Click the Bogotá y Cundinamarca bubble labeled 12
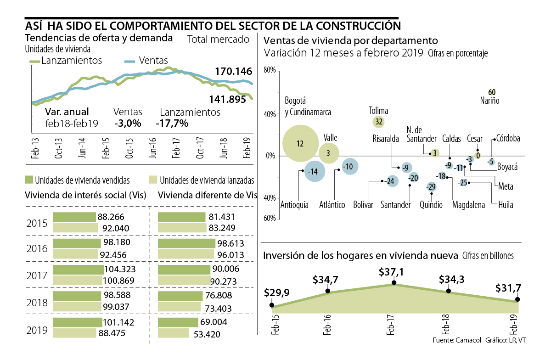click(300, 144)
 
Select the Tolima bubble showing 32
click(379, 122)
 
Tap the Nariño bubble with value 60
click(492, 92)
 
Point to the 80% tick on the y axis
click(269, 71)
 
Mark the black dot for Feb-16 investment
click(328, 291)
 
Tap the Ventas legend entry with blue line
click(146, 60)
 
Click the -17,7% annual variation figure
click(172, 124)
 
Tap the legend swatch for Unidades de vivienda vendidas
click(29, 180)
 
